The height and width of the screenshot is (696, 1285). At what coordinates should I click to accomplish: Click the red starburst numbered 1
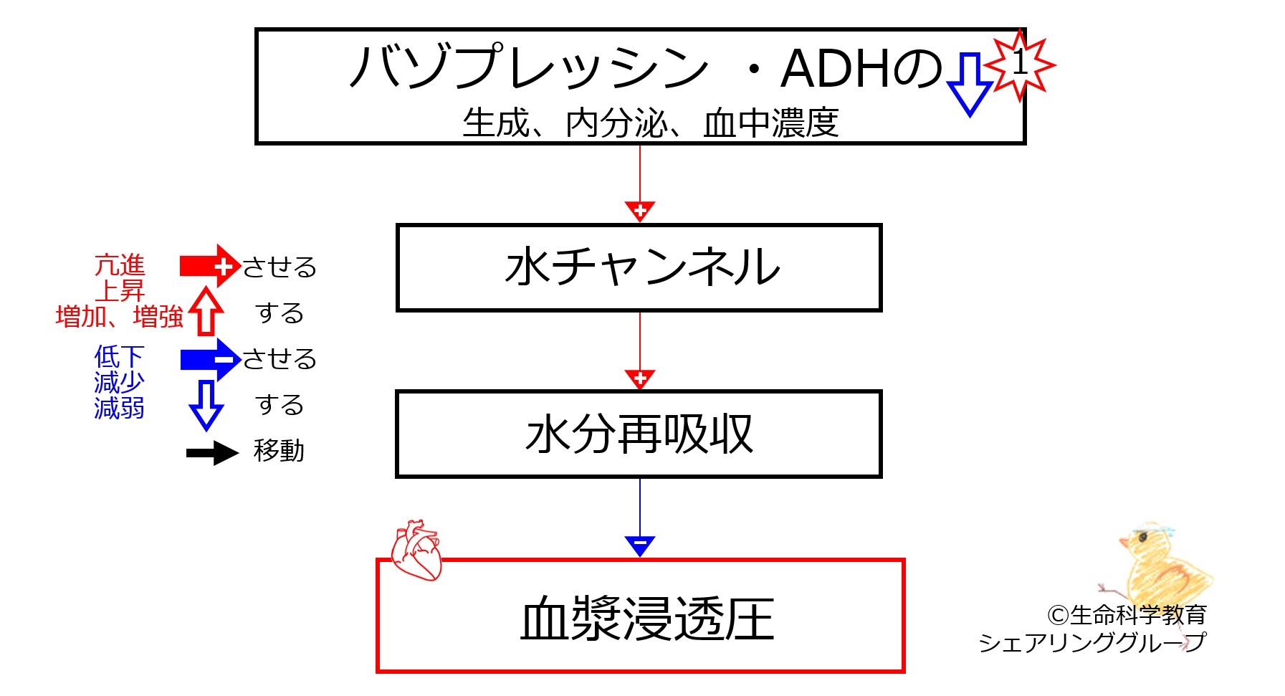(x=1020, y=65)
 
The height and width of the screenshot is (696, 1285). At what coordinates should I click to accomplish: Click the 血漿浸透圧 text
(x=648, y=619)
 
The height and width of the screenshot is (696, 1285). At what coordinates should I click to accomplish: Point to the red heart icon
(x=416, y=550)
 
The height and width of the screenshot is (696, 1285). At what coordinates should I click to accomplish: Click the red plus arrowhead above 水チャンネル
(x=640, y=211)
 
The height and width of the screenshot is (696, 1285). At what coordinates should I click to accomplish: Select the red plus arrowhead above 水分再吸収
(x=640, y=378)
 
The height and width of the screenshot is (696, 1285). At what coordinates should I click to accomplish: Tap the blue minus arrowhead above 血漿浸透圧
(x=640, y=546)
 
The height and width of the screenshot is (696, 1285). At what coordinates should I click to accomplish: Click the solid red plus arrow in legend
(x=209, y=266)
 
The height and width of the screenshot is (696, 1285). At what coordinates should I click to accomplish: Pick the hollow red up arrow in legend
(x=206, y=310)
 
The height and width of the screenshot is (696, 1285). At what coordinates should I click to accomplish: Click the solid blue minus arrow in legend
(x=209, y=359)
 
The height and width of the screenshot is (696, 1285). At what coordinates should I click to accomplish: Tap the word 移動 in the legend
(x=279, y=451)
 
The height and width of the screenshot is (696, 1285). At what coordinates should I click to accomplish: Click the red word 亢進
(x=120, y=265)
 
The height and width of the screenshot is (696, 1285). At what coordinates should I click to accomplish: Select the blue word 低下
(x=120, y=356)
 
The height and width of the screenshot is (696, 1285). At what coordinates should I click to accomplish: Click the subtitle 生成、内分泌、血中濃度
(x=650, y=123)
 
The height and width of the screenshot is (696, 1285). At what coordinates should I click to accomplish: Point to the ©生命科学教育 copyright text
(x=1127, y=615)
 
